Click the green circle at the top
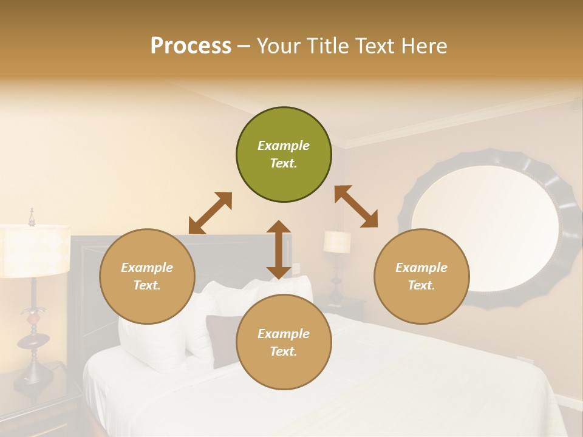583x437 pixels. click(x=284, y=155)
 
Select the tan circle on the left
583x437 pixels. click(x=147, y=277)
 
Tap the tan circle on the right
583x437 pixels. click(x=421, y=277)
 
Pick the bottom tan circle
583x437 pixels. click(x=284, y=342)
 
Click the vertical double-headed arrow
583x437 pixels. click(x=279, y=249)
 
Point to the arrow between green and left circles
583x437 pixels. click(x=210, y=213)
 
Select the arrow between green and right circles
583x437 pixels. click(x=356, y=206)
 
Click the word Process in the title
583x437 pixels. click(x=191, y=46)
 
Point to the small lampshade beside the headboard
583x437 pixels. click(x=337, y=242)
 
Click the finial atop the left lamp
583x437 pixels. click(x=32, y=216)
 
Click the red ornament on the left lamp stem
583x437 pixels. click(x=35, y=317)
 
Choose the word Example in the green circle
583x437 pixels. click(x=284, y=146)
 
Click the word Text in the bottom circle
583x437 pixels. click(x=282, y=351)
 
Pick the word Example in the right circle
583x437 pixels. click(x=421, y=268)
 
